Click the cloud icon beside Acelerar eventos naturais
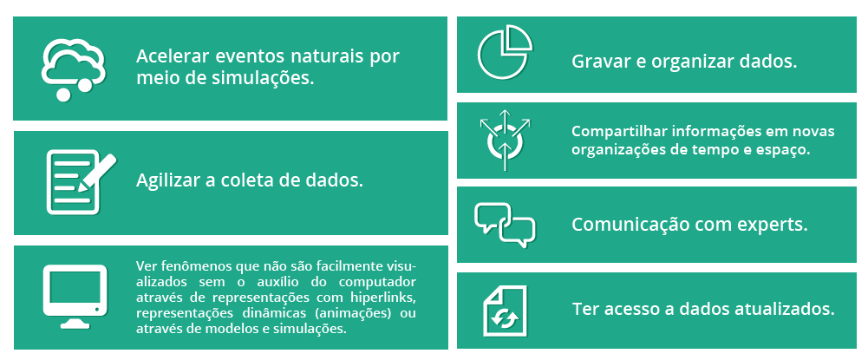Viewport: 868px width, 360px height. click(73, 69)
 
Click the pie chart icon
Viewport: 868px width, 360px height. click(505, 51)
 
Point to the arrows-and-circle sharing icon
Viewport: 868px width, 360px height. click(505, 140)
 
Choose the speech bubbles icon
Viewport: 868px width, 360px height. click(505, 225)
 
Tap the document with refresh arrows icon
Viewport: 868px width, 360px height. click(505, 311)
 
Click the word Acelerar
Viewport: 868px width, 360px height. click(171, 57)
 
